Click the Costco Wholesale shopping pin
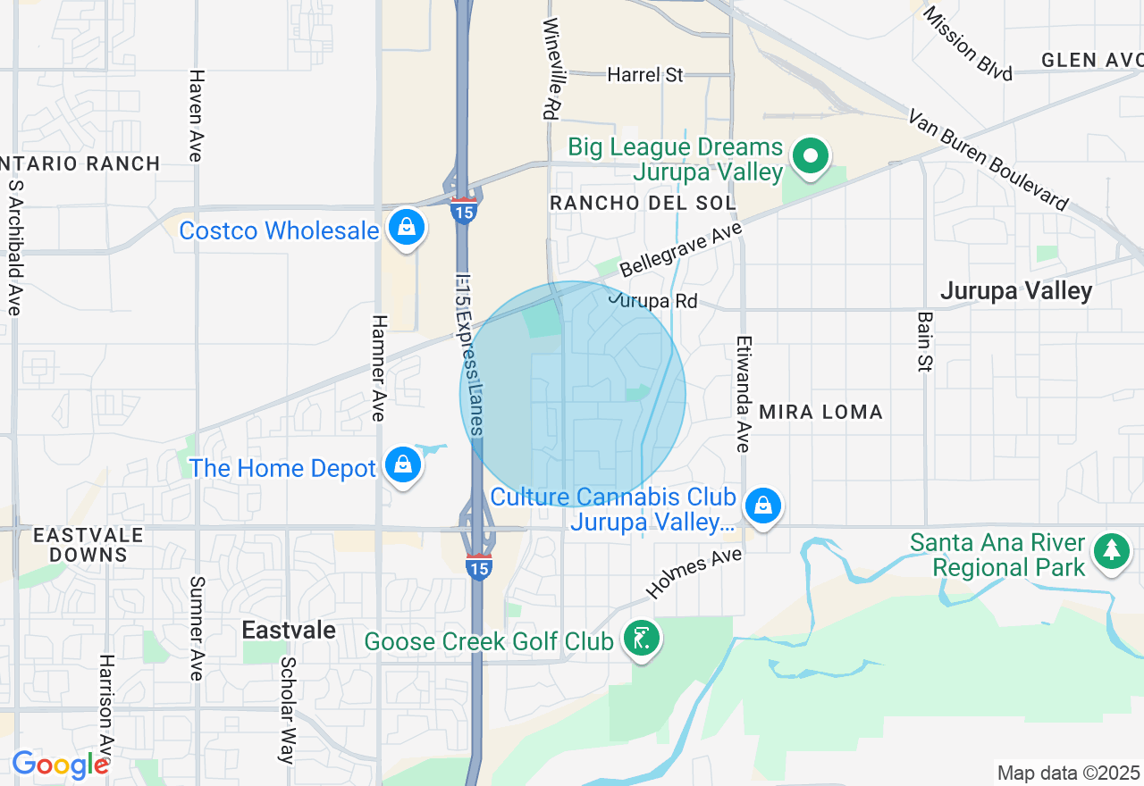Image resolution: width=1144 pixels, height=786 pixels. pyautogui.click(x=407, y=228)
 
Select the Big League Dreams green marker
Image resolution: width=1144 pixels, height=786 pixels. pyautogui.click(x=811, y=157)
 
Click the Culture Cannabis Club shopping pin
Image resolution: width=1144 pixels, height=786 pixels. pyautogui.click(x=763, y=506)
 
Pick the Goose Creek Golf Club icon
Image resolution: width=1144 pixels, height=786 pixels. pyautogui.click(x=642, y=639)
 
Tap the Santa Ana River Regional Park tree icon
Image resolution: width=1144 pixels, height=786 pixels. pyautogui.click(x=1111, y=550)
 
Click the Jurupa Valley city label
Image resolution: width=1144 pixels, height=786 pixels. pyautogui.click(x=1015, y=291)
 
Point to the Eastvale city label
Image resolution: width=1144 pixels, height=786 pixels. pyautogui.click(x=289, y=630)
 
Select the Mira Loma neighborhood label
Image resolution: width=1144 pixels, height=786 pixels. pyautogui.click(x=820, y=412)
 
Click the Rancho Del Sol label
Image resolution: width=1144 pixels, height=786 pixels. pyautogui.click(x=643, y=203)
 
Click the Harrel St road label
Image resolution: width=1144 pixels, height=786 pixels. pyautogui.click(x=645, y=75)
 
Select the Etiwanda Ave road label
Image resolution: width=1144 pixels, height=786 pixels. pyautogui.click(x=743, y=393)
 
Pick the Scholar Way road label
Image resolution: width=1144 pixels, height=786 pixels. pyautogui.click(x=287, y=710)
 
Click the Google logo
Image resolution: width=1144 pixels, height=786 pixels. pyautogui.click(x=60, y=765)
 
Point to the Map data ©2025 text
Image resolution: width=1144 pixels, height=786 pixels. pyautogui.click(x=1068, y=773)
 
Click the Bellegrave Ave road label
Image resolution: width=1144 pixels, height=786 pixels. pyautogui.click(x=681, y=251)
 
